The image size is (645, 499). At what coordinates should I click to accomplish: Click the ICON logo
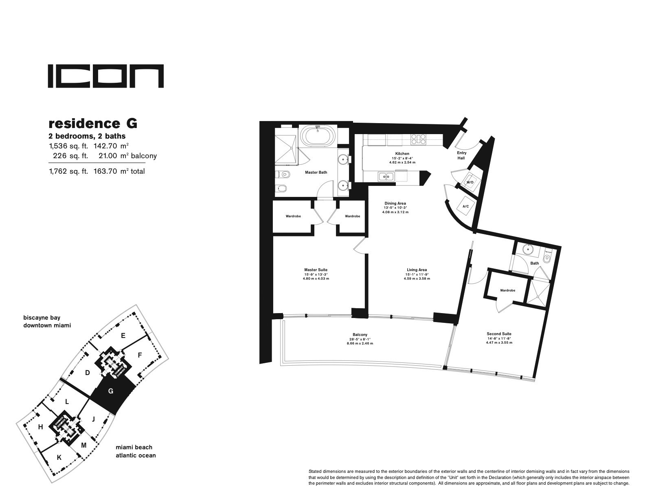pos(106,76)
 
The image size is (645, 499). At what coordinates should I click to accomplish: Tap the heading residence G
pos(93,123)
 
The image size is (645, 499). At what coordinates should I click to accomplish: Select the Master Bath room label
pos(316,172)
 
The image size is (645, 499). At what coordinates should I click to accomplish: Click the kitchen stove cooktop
pos(418,139)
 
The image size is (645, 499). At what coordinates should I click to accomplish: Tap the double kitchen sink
pos(385,177)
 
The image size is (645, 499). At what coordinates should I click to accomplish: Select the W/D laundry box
pos(470,182)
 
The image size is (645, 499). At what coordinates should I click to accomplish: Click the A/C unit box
pos(465,206)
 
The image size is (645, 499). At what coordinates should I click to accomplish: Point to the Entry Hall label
pos(461,155)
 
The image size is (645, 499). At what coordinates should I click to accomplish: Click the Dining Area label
pos(395,203)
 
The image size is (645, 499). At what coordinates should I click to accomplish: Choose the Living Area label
pos(417,270)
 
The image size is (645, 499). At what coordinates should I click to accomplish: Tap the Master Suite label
pos(316,270)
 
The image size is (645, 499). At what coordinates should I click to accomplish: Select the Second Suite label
pos(499,334)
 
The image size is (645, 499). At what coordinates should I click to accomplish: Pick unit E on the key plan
pos(123,336)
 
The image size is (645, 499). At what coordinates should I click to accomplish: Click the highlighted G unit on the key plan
pos(111,391)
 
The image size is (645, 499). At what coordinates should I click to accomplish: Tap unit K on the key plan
pos(59,457)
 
